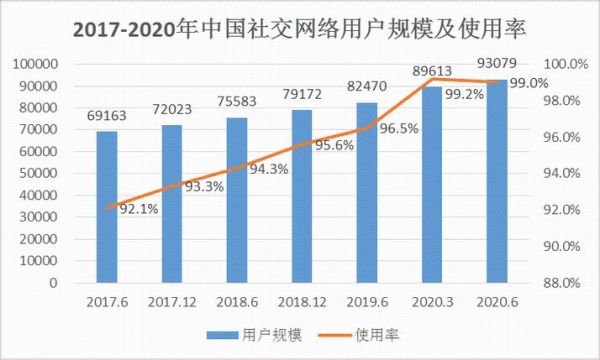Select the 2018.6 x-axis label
point(235,301)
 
